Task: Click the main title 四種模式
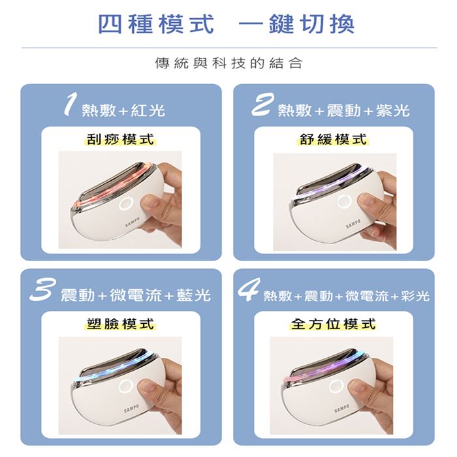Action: (x=156, y=24)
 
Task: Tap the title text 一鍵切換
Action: (x=296, y=24)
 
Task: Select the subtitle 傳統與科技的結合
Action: (x=228, y=63)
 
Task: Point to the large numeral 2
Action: (x=262, y=104)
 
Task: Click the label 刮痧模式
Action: (x=120, y=139)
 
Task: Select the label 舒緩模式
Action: (x=334, y=139)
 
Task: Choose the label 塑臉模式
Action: (x=120, y=324)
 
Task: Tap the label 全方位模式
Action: (x=334, y=324)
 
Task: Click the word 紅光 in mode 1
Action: (x=148, y=111)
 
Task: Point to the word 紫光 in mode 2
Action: (x=392, y=111)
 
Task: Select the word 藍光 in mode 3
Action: (x=193, y=295)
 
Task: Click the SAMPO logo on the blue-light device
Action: (x=131, y=408)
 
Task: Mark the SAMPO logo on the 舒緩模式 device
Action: (x=353, y=224)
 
